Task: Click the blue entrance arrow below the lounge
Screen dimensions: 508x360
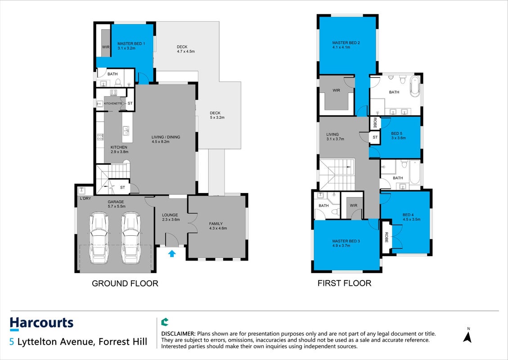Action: tap(172, 253)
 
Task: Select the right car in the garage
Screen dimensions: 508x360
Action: tap(131, 238)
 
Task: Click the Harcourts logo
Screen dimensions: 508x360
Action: tap(41, 324)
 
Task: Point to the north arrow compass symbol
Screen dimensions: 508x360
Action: tap(467, 335)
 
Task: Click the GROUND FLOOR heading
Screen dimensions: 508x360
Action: tap(125, 283)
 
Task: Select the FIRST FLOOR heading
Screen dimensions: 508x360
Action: tap(344, 283)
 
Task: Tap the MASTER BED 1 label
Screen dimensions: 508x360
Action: tap(131, 46)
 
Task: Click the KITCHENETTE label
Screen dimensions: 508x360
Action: tap(113, 103)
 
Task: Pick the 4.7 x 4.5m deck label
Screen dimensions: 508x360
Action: tap(186, 49)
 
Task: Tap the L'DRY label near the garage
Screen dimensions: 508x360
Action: tap(85, 198)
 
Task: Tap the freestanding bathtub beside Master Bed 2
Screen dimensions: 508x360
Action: tap(415, 86)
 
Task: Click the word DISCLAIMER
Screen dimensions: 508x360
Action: tap(178, 334)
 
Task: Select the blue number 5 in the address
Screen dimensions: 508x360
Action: tap(12, 342)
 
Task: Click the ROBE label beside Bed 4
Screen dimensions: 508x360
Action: tap(386, 237)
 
